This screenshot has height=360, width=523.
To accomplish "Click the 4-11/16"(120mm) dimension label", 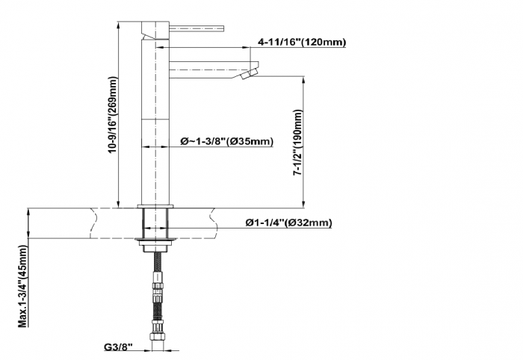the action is (x=302, y=42).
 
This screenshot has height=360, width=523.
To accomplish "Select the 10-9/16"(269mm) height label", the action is (x=113, y=115).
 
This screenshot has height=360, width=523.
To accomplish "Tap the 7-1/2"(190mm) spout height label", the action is (x=297, y=143).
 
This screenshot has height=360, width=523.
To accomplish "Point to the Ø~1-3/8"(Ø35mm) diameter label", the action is (x=227, y=141).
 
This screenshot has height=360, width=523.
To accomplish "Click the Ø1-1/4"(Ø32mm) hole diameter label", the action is (x=289, y=223).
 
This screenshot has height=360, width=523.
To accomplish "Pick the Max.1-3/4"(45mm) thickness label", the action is (x=22, y=286).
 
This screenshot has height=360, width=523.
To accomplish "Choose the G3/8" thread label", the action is (x=118, y=347).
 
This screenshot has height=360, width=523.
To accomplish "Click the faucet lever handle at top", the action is (x=196, y=28).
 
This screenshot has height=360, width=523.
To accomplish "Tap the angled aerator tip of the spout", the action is (x=250, y=74).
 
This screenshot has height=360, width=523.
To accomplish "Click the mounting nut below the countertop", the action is (x=155, y=245).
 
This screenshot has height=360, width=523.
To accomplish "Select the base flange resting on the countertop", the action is (x=155, y=206).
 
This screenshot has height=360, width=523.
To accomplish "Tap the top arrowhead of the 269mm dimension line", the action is (x=118, y=25).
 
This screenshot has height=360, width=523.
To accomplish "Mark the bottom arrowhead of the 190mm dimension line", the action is (x=303, y=204).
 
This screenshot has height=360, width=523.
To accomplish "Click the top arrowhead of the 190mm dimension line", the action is (x=303, y=81).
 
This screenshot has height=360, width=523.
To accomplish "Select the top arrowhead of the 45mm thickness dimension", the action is (x=28, y=212).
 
